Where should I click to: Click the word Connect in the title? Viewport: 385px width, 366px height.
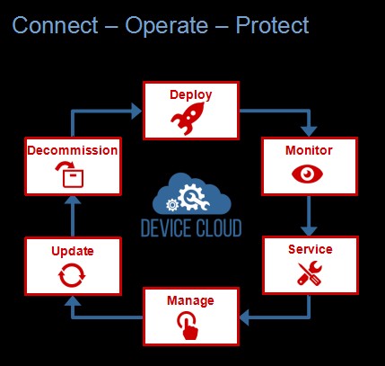coord(55,25)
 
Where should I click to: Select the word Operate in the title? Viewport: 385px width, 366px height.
coord(166,26)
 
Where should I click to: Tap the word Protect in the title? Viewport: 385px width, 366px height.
coord(272,25)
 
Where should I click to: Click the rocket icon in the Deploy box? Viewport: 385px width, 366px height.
coord(188,119)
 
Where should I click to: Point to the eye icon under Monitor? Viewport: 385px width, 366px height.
coord(307,174)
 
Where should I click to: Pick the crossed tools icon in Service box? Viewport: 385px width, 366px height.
coord(310,273)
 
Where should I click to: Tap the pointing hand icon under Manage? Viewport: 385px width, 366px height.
coord(188,326)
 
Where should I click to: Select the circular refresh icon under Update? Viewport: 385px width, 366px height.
coord(72,275)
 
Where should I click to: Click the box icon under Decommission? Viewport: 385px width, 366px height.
coord(70,174)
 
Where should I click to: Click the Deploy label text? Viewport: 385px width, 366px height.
coord(191,95)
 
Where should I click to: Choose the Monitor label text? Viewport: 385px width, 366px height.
coord(309,150)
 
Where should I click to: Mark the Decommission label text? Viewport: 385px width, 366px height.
coord(73,150)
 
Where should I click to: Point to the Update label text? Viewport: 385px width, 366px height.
coord(73,251)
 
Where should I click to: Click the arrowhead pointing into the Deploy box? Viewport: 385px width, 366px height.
coord(136,112)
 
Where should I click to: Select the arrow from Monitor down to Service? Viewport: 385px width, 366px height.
coord(309,216)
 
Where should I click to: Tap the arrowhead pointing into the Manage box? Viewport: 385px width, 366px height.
coord(244,317)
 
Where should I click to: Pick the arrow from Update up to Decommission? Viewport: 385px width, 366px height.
coord(73,216)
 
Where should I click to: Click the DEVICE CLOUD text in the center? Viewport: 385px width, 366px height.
coord(191,228)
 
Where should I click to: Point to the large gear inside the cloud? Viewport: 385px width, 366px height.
coord(190,197)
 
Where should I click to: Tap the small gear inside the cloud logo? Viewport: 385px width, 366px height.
coord(172,205)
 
